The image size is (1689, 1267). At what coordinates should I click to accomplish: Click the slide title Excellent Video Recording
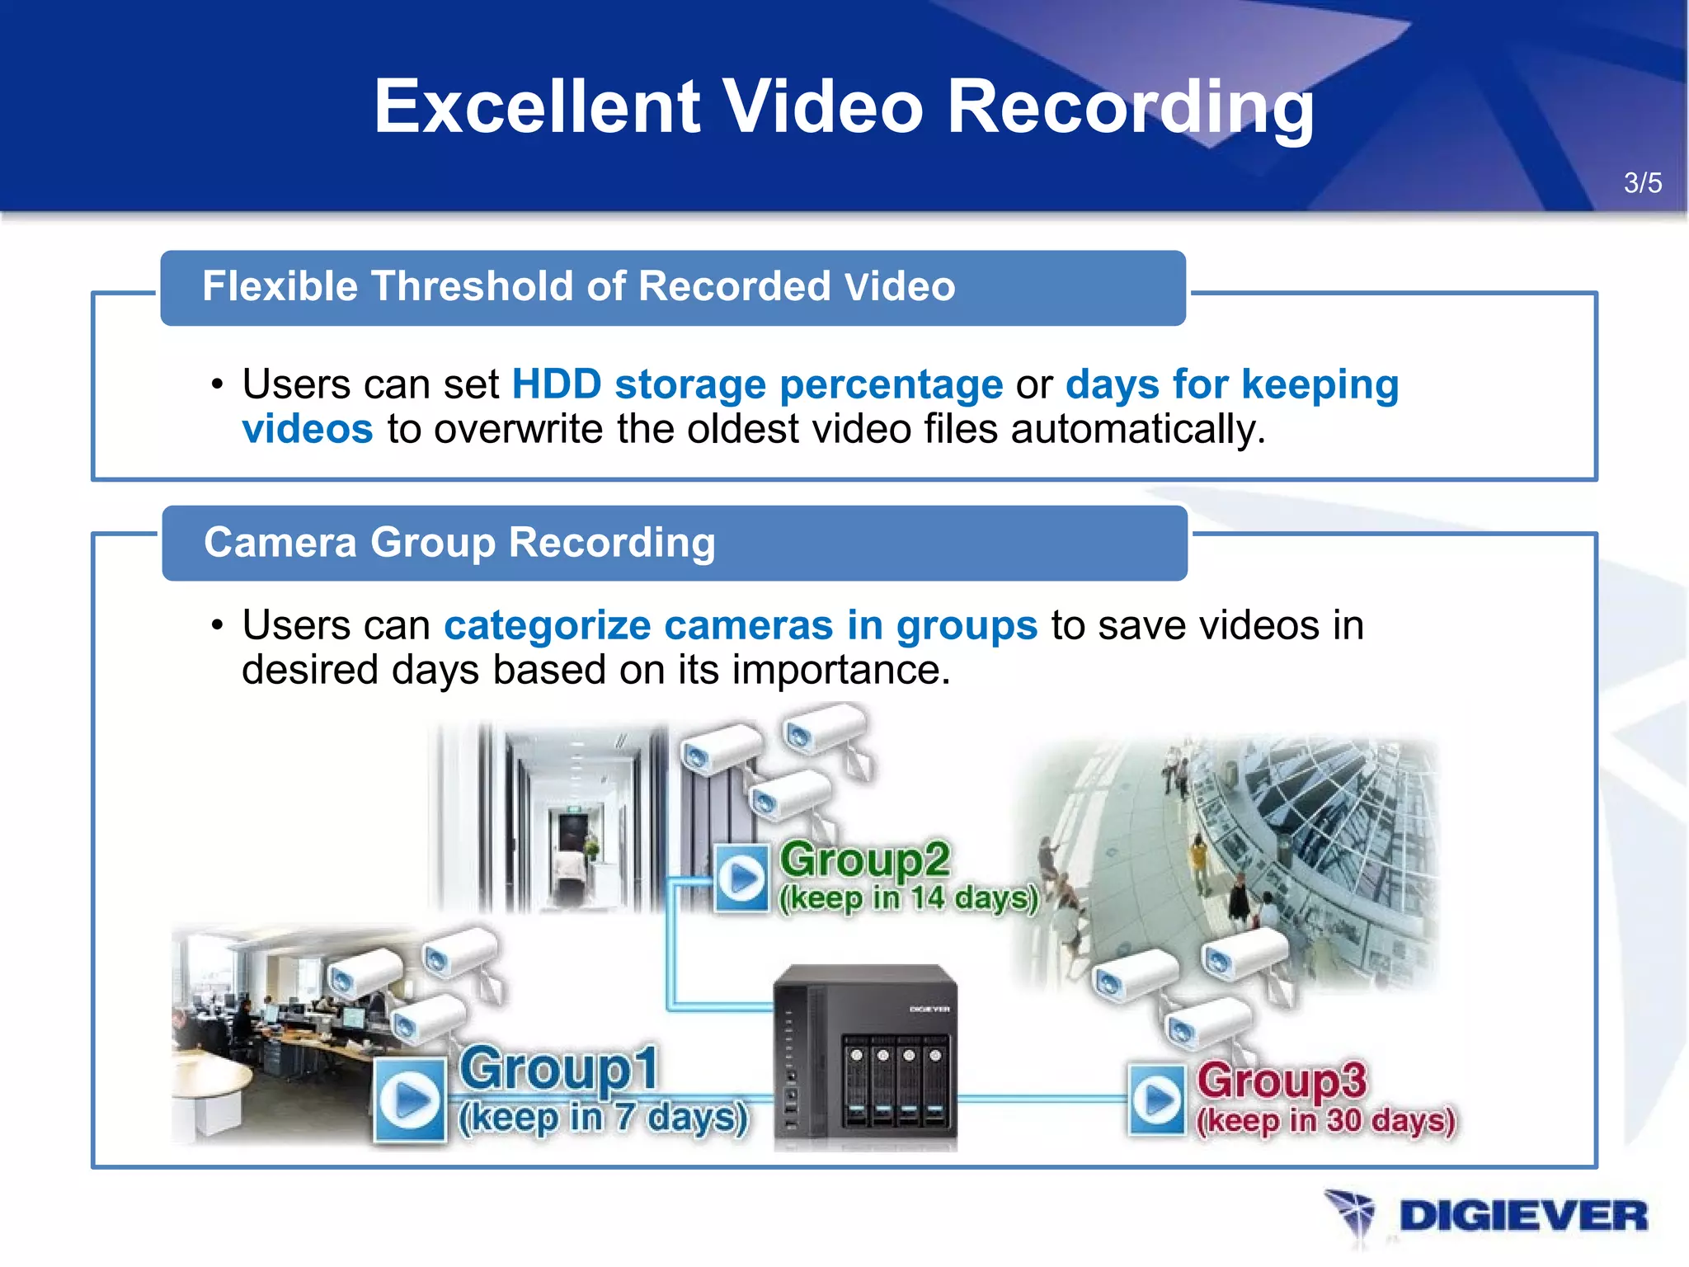click(x=844, y=107)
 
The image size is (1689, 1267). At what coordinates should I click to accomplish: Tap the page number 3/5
click(x=1642, y=182)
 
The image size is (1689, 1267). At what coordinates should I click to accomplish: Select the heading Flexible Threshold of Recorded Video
click(x=578, y=287)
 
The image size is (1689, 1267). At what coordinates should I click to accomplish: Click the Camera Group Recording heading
click(x=459, y=543)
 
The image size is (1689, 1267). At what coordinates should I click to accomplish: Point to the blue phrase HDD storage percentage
click(x=757, y=384)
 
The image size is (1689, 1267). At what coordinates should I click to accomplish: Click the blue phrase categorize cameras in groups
click(x=740, y=625)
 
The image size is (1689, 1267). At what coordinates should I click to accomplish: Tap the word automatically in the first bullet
click(x=1137, y=429)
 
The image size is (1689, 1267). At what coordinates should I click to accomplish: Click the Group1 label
click(x=559, y=1068)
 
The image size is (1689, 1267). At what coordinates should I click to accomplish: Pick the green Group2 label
click(x=864, y=860)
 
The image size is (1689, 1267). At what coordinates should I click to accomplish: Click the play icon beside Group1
click(x=410, y=1100)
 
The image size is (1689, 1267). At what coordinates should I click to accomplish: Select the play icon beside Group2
click(x=741, y=877)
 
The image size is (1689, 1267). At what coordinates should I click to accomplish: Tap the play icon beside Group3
click(x=1156, y=1100)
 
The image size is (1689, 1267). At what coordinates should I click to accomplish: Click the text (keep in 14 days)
click(x=908, y=898)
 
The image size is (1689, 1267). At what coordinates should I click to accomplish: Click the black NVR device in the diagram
click(x=865, y=1057)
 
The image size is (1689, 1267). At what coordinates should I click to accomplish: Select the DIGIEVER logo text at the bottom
click(x=1522, y=1217)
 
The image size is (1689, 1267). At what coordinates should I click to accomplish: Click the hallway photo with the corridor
click(x=569, y=817)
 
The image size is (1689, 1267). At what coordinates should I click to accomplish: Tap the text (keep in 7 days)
click(x=603, y=1119)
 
